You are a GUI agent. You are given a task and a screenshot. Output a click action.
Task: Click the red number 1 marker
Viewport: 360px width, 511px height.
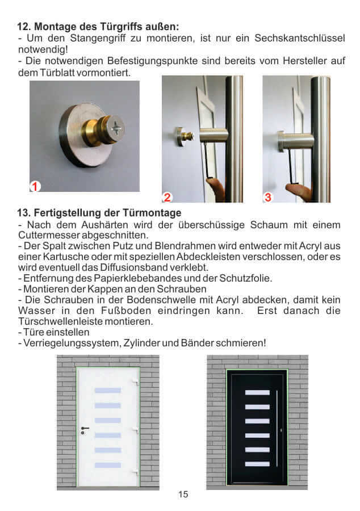pos(35,186)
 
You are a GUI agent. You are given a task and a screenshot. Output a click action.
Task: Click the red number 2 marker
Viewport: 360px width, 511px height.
pos(167,198)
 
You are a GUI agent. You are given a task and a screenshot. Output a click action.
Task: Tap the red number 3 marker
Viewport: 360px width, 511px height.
pos(268,197)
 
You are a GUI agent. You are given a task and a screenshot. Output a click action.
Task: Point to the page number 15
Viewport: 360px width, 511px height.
pos(183,495)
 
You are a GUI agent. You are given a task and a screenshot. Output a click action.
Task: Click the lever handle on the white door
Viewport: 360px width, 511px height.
pos(84,428)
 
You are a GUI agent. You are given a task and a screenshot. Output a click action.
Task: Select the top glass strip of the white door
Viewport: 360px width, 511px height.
pos(108,391)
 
